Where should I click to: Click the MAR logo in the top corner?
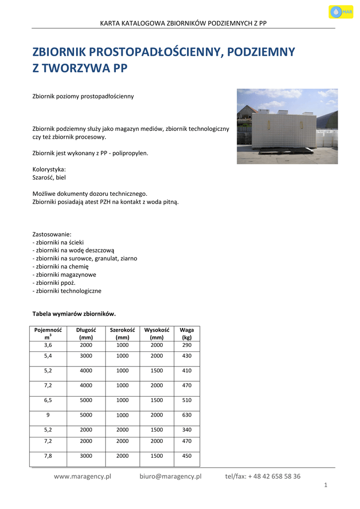[x=341, y=11]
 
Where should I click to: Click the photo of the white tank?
[x=287, y=126]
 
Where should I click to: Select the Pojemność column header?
[x=48, y=333]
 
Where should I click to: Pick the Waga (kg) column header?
[x=186, y=333]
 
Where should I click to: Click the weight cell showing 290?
[x=186, y=345]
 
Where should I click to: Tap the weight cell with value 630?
[x=186, y=415]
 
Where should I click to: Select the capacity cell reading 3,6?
[x=48, y=345]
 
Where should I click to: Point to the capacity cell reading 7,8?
[x=48, y=456]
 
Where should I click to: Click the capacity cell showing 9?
[x=48, y=415]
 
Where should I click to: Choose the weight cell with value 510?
[x=186, y=400]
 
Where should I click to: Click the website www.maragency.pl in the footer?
[x=83, y=476]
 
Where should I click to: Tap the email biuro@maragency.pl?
[x=171, y=476]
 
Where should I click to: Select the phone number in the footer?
[x=263, y=476]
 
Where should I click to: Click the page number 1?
[x=325, y=486]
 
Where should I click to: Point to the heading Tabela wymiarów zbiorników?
[x=74, y=314]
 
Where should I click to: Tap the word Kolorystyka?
[x=49, y=169]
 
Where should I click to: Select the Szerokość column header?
[x=122, y=333]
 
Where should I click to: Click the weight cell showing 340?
[x=186, y=430]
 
